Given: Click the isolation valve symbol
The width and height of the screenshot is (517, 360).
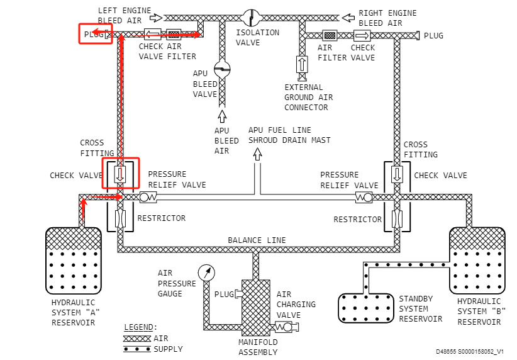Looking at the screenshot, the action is [251, 18].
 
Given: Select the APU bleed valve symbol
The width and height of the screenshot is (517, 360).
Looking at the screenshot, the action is [222, 69].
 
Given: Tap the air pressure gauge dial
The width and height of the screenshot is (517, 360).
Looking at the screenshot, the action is [206, 273].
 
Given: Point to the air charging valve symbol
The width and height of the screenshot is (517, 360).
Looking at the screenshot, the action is [286, 327].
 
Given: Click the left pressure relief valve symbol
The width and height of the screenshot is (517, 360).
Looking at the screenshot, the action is [148, 198].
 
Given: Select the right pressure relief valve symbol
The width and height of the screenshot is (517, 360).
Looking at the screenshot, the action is [364, 198].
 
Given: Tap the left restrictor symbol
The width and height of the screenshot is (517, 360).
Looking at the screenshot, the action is [120, 218].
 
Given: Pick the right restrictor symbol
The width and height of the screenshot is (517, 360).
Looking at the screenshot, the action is [397, 218].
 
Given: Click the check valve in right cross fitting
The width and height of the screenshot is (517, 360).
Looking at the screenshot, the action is [397, 174].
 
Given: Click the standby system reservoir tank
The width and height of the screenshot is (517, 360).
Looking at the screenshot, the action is [366, 308].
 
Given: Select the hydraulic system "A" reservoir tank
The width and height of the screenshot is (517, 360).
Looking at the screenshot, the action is [74, 261].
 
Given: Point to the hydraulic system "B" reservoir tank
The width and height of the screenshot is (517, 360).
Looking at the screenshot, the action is [477, 261].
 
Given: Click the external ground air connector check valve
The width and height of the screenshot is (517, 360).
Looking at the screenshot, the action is [302, 65].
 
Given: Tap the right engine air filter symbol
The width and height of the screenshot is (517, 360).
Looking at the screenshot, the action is [330, 35].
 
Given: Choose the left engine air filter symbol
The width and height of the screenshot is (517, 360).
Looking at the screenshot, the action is [174, 34].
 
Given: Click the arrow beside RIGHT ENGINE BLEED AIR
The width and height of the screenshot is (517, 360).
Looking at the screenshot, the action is [348, 18].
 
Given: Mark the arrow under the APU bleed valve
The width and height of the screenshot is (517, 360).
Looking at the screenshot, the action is [222, 116].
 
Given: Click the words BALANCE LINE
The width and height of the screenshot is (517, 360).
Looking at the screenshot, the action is [257, 240].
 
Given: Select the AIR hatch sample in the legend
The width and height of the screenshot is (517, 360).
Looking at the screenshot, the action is [137, 339].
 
